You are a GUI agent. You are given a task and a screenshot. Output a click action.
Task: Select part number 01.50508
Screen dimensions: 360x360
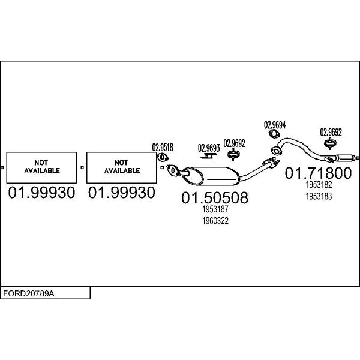215,198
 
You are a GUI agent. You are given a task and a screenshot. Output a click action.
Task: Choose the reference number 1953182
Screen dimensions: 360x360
318,186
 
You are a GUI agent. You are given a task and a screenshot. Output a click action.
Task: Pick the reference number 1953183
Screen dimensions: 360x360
318,196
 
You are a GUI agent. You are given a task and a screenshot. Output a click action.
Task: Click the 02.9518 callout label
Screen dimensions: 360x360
162,146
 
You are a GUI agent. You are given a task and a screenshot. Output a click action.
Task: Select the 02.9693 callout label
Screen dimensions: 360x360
209,147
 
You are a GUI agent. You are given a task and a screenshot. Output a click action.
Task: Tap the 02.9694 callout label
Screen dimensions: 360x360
275,125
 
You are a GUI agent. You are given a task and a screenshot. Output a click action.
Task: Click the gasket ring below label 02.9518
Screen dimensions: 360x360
162,158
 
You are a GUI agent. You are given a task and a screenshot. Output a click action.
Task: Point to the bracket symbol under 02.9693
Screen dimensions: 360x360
209,157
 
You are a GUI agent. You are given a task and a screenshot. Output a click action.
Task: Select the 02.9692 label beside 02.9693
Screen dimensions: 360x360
234,143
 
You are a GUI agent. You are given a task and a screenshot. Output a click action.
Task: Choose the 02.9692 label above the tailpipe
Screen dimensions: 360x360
330,132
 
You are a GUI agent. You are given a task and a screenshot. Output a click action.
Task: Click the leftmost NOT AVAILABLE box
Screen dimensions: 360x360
41,166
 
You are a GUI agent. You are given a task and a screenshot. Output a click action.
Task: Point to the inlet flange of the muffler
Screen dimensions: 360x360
172,170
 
